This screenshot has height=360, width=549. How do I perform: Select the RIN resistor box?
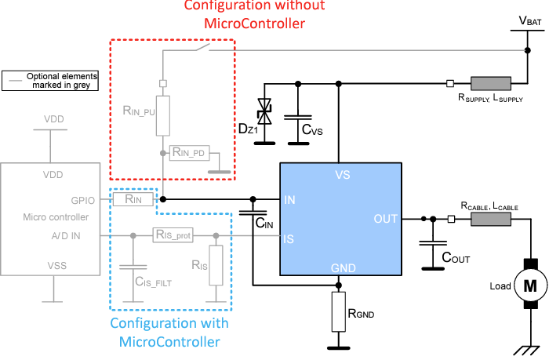click(x=129, y=200)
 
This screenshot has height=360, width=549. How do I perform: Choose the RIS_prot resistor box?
click(x=173, y=235)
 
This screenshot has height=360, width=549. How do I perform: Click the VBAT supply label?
click(x=531, y=21)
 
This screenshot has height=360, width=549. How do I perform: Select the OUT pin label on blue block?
click(x=387, y=219)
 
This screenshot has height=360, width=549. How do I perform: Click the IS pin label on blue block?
click(x=290, y=238)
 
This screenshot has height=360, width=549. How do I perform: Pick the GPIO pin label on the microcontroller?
click(x=82, y=200)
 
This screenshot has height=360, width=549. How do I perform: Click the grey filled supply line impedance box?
click(x=490, y=83)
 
